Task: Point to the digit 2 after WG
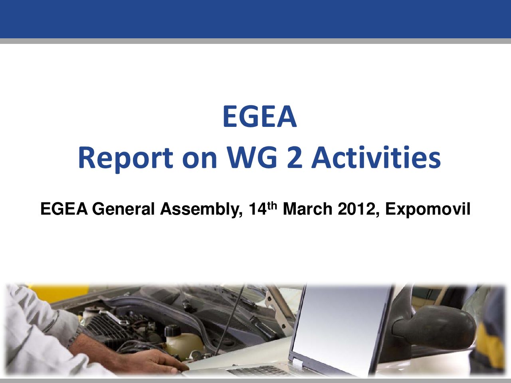(x=295, y=157)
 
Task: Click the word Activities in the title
(x=376, y=157)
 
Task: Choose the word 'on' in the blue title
(x=200, y=160)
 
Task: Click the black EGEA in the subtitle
(x=64, y=209)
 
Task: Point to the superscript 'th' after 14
(x=272, y=206)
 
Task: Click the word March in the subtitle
(x=307, y=209)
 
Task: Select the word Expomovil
(x=428, y=209)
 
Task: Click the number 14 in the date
(x=257, y=209)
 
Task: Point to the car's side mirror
(x=433, y=323)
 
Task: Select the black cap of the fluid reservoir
(x=172, y=331)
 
